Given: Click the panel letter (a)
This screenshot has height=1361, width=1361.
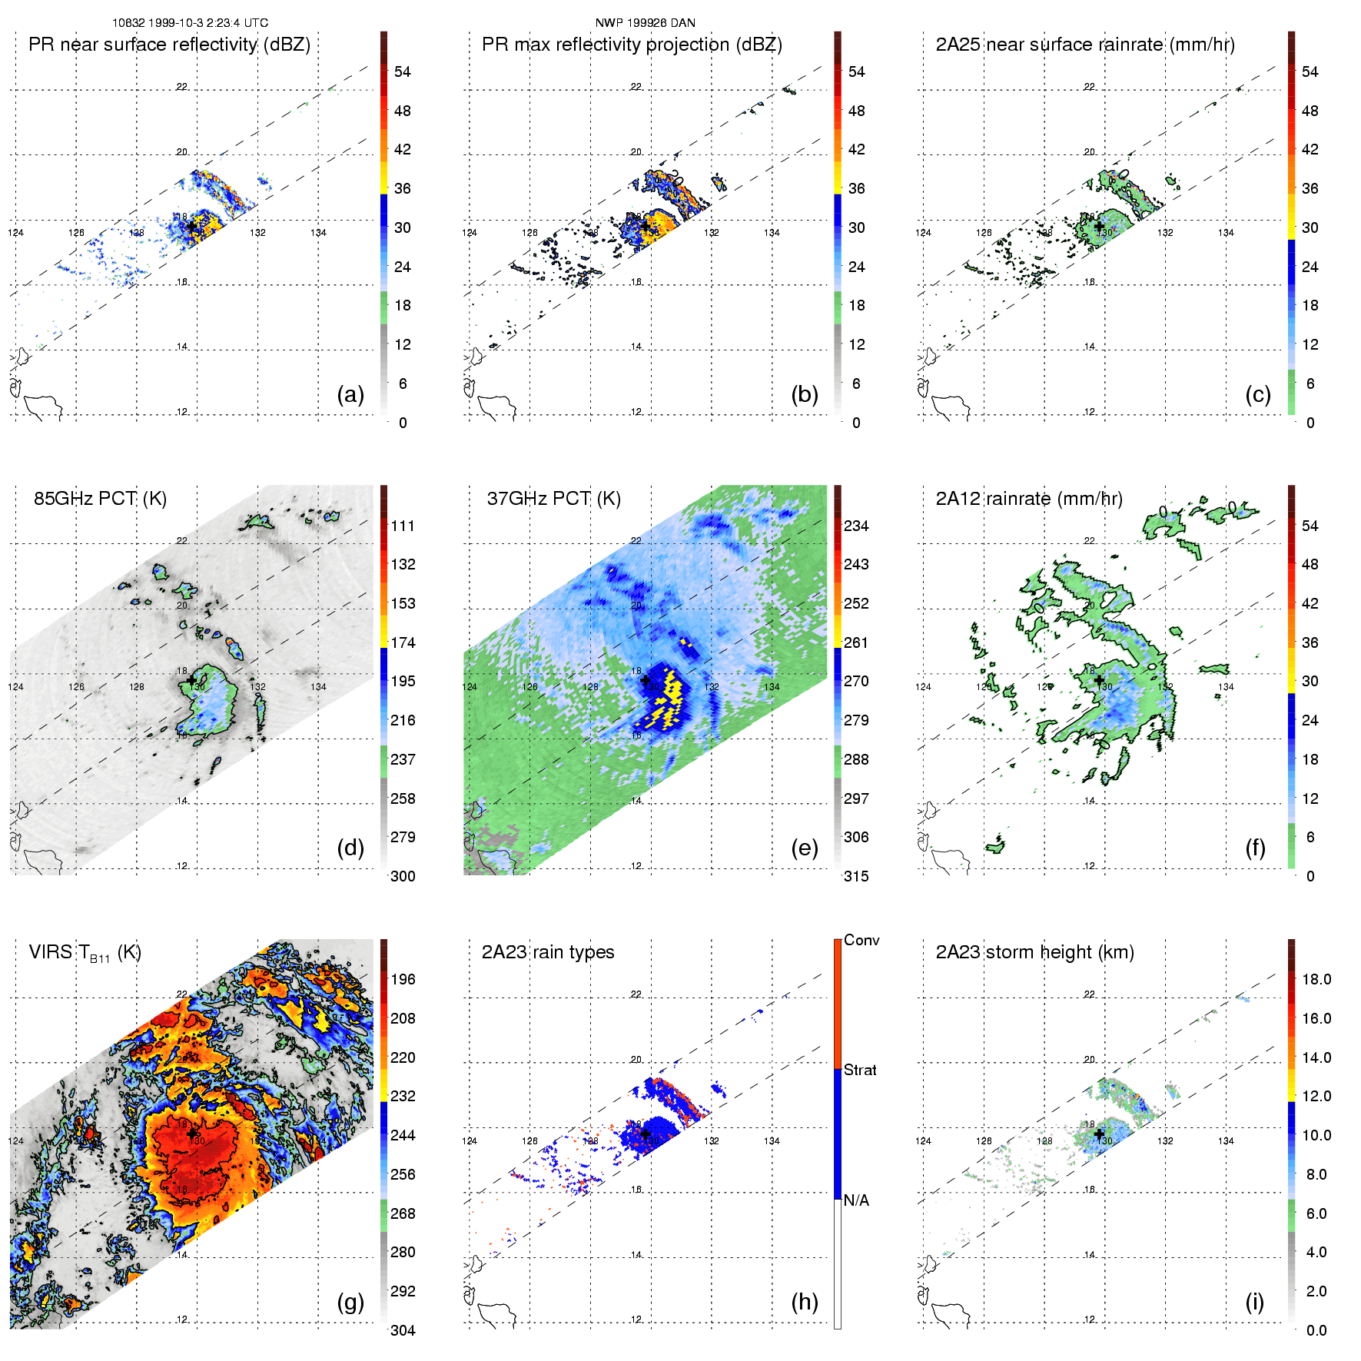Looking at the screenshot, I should point(350,394).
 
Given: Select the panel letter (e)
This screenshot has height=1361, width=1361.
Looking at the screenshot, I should point(804,848).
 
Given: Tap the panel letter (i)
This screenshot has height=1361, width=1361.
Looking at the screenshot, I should point(1254,1302).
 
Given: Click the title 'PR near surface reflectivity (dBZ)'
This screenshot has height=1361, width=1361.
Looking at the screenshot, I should point(169,45).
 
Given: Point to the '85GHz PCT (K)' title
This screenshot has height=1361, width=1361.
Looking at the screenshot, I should point(100,499).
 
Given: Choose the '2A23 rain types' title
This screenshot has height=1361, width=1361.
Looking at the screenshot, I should point(548,952).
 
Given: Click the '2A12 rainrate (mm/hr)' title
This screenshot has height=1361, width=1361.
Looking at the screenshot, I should point(1029,499).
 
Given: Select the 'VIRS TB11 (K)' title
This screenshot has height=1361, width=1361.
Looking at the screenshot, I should point(85,953).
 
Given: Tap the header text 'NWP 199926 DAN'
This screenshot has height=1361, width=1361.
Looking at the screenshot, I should point(645,23).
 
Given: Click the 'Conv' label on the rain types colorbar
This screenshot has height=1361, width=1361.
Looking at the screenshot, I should point(861,940).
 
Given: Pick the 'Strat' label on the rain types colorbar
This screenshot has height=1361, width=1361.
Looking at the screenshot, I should point(860,1070).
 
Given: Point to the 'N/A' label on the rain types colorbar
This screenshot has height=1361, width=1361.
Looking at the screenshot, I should point(856,1200).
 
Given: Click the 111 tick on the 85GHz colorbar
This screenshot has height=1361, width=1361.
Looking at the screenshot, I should point(403,526).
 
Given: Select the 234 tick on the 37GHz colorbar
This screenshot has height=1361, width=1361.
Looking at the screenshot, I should point(856,526).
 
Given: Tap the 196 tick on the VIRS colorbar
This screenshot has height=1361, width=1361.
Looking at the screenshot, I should point(403,979).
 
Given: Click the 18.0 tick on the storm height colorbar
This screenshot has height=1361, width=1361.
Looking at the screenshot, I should point(1316,979).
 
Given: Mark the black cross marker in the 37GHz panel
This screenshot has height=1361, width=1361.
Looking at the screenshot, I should point(645,680).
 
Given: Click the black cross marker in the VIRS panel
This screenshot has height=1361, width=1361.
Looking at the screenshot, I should point(191,1134).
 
